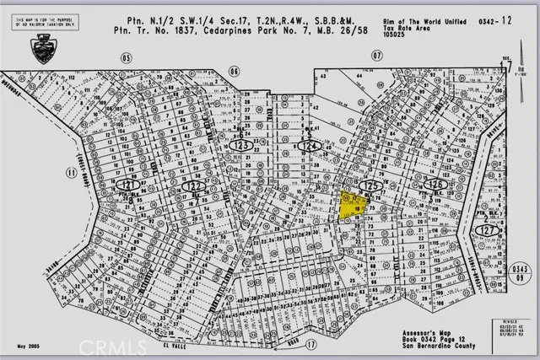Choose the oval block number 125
click(x=368, y=184)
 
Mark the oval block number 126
click(x=435, y=184)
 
